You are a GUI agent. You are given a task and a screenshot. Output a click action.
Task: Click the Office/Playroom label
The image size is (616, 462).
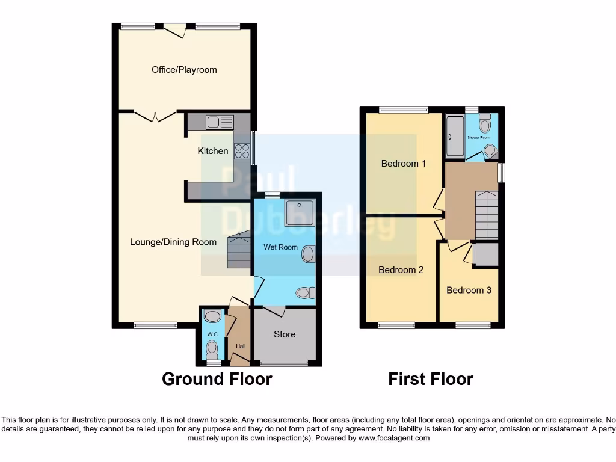click(184, 70)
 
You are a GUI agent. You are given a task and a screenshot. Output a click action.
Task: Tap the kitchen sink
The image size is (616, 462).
click(220, 122)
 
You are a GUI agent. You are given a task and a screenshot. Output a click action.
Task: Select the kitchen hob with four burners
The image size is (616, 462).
click(242, 151)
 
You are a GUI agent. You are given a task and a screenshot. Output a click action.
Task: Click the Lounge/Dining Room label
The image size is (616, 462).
click(173, 242)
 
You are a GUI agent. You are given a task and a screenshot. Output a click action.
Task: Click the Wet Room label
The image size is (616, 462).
click(280, 247)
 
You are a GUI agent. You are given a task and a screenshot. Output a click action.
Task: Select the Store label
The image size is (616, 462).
click(285, 334)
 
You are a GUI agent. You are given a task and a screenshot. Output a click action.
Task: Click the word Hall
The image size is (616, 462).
click(241, 346)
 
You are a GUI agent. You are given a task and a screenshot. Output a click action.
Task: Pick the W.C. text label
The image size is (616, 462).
click(212, 334)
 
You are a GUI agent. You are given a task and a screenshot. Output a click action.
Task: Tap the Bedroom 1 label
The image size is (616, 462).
click(403, 164)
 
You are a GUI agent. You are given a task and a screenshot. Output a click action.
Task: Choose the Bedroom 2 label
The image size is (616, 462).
click(401, 270)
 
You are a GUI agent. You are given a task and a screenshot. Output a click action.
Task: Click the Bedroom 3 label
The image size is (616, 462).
click(469, 291)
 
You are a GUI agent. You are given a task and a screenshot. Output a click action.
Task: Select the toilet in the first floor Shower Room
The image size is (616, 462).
click(485, 125)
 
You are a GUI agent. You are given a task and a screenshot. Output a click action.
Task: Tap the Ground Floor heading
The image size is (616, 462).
click(217, 380)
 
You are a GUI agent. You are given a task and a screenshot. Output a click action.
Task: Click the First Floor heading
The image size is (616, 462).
click(430, 380)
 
